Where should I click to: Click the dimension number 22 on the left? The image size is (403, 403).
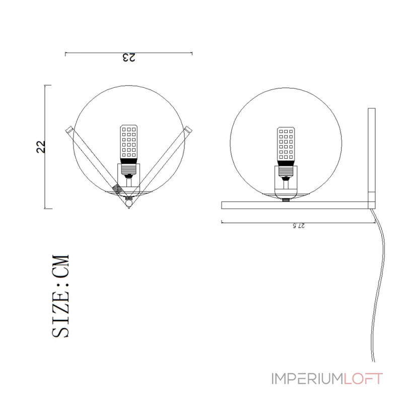[42, 147]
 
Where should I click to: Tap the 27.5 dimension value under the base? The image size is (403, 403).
[299, 226]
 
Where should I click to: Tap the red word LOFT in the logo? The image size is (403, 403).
[363, 378]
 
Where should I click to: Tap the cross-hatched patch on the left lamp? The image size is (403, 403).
[117, 189]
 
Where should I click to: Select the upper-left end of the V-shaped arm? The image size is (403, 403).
[69, 130]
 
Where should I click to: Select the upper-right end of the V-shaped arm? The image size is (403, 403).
[189, 129]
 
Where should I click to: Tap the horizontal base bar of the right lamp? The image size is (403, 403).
[297, 205]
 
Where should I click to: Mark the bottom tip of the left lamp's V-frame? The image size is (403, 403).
[129, 208]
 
